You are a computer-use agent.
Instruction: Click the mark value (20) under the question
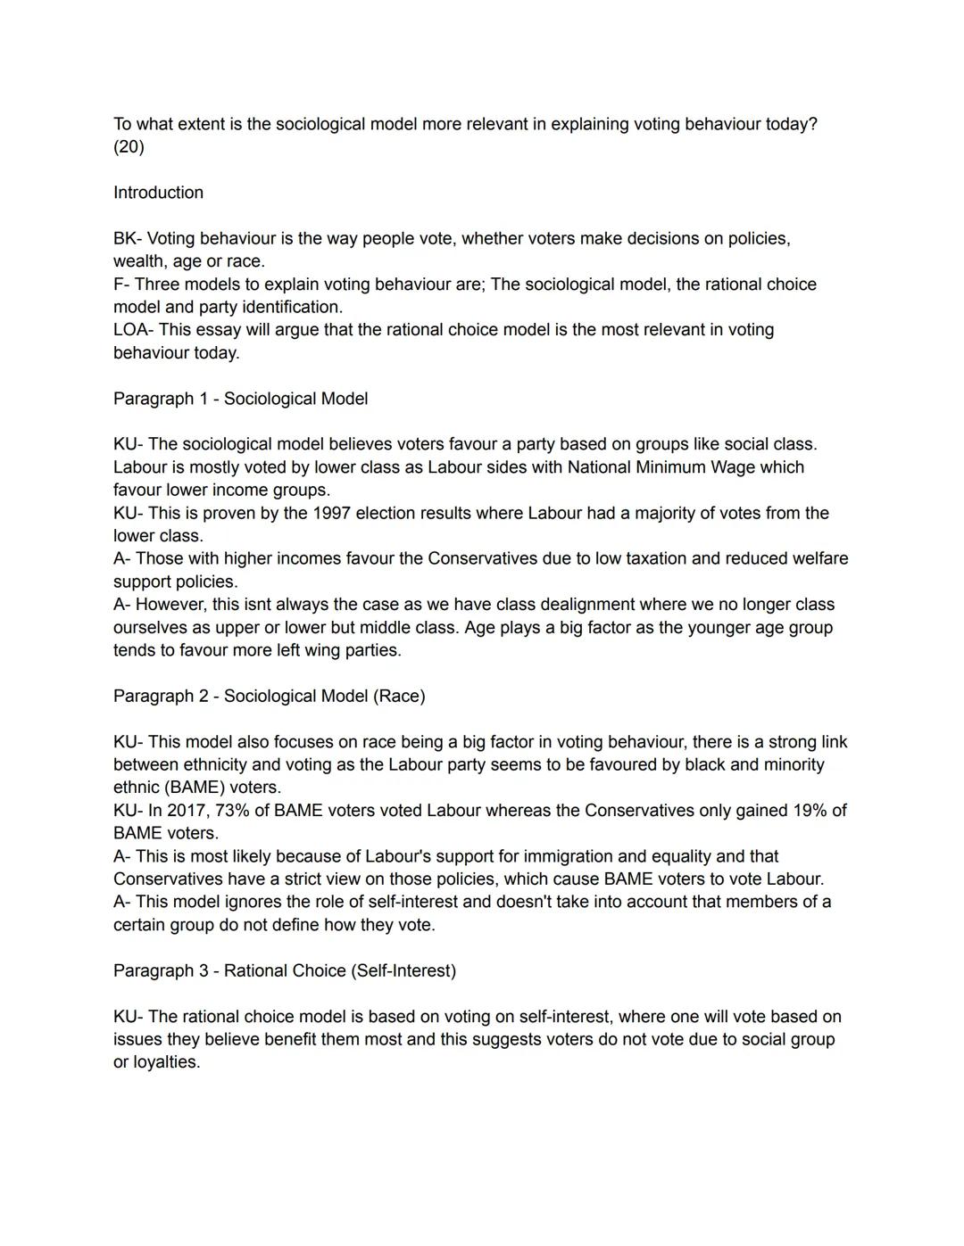(129, 147)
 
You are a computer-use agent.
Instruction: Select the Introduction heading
(158, 193)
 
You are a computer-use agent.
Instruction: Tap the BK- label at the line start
(127, 239)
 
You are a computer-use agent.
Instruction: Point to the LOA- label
(133, 330)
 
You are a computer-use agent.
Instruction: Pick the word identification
(291, 307)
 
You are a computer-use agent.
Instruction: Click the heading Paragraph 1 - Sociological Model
(240, 399)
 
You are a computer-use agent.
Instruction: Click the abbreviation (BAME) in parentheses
(194, 788)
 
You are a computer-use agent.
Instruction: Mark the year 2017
(186, 811)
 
